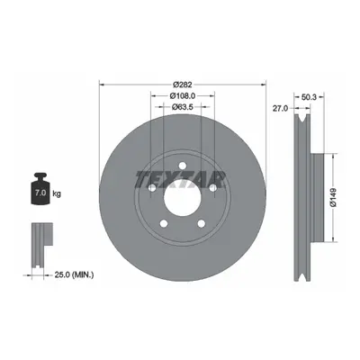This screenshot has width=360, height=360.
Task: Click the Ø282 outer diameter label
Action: pyautogui.click(x=183, y=85)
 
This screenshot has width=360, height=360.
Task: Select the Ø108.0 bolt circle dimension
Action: pyautogui.click(x=183, y=95)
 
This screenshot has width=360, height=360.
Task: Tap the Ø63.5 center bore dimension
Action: pyautogui.click(x=183, y=106)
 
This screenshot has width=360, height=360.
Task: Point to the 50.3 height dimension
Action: pyautogui.click(x=310, y=97)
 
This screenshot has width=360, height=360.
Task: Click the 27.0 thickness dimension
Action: pyautogui.click(x=280, y=108)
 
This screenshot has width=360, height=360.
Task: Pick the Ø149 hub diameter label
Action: pyautogui.click(x=334, y=197)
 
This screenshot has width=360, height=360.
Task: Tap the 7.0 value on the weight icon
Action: pyautogui.click(x=40, y=193)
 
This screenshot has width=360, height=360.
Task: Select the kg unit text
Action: pyautogui.click(x=57, y=193)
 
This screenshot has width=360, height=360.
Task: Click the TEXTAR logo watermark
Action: pyautogui.click(x=181, y=180)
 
